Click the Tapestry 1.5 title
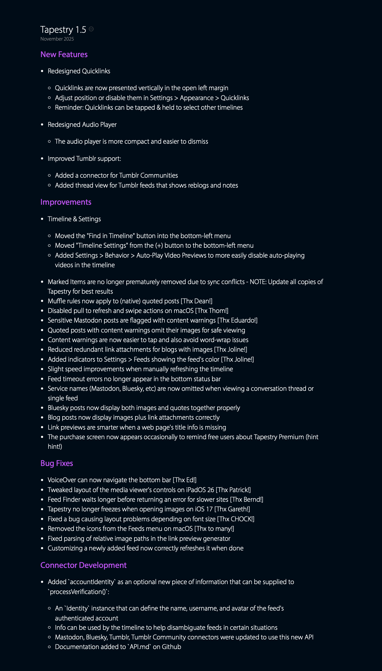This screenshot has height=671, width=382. tap(63, 29)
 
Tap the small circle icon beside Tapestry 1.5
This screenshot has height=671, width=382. tap(91, 29)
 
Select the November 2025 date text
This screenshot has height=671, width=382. tap(57, 39)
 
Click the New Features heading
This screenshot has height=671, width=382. tap(64, 54)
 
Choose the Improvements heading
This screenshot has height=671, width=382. tap(66, 202)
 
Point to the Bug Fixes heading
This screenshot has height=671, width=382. tap(57, 463)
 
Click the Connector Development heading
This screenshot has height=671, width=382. tap(83, 565)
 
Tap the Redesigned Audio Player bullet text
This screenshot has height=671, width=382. tap(82, 124)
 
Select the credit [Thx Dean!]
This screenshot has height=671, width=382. tap(196, 301)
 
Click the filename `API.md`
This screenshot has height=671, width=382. tap(139, 647)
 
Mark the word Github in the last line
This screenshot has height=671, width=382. tap(171, 647)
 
